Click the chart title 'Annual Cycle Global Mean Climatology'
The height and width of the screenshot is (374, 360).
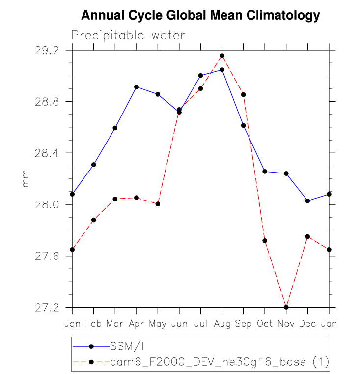pos(200,16)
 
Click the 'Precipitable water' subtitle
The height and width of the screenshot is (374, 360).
pos(128,35)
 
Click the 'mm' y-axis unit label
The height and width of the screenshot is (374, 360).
pos(26,178)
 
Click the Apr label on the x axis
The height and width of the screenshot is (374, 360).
pos(136,324)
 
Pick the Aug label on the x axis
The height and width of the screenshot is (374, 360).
pos(222,324)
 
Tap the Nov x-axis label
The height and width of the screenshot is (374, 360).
pos(286,324)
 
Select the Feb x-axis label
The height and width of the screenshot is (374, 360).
pos(93,324)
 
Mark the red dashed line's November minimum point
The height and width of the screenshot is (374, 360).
pos(286,307)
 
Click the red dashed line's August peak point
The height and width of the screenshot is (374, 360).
pos(222,56)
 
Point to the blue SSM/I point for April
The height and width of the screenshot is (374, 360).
pos(137,87)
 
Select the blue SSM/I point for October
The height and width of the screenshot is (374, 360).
pos(265,172)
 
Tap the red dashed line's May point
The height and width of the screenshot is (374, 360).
pos(158,204)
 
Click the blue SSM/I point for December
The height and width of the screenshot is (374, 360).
pos(307,201)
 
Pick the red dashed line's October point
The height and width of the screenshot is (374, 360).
pos(265,241)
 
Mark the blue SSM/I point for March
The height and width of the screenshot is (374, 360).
pos(115,128)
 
